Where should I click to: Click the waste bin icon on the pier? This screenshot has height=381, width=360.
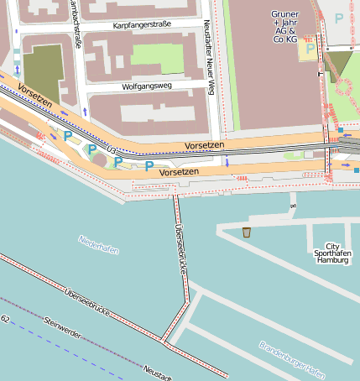(247, 232)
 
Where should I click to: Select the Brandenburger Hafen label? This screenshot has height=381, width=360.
(291, 358)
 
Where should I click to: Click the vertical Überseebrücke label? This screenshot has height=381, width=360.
(180, 248)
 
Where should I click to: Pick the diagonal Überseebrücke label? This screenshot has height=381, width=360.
(88, 302)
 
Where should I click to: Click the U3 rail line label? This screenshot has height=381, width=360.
(112, 149)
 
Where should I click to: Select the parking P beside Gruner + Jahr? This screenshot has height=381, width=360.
(310, 49)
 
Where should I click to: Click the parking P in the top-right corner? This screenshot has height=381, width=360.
(339, 18)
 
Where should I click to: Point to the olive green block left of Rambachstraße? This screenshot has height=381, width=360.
(43, 65)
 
